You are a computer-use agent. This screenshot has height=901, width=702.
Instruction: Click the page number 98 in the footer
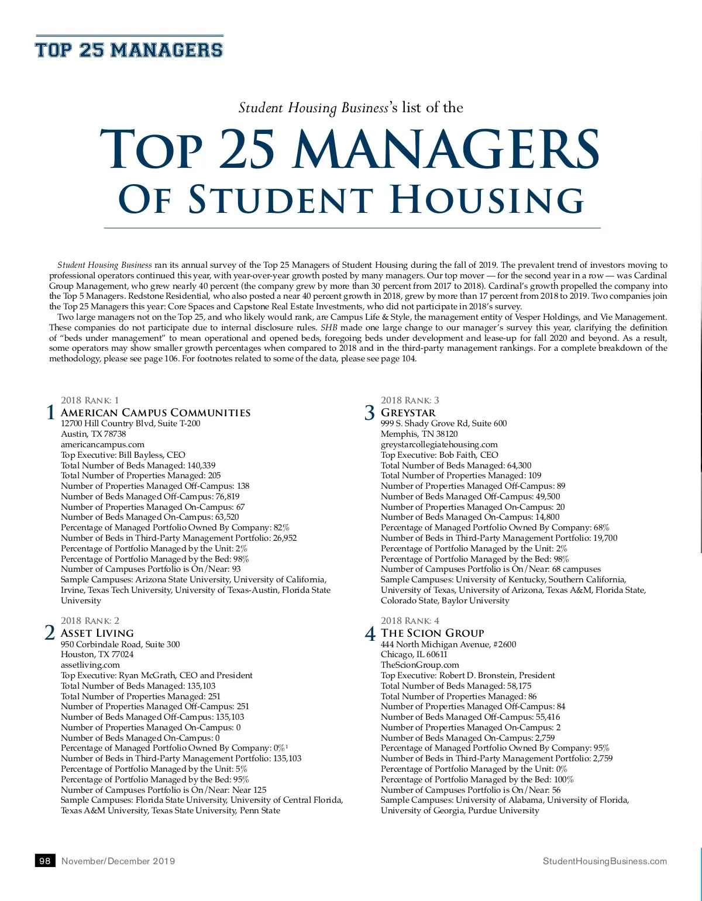(45, 861)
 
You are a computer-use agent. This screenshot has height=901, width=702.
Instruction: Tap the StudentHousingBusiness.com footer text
(604, 861)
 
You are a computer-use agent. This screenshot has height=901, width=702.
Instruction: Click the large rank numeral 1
(50, 413)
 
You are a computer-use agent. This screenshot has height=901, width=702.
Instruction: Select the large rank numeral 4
(370, 633)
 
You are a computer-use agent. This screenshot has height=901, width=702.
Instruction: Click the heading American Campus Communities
(156, 413)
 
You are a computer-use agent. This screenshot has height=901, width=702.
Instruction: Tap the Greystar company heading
(408, 413)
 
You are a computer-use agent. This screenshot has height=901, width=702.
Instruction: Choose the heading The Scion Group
(432, 633)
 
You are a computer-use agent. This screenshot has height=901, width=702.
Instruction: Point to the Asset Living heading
(97, 633)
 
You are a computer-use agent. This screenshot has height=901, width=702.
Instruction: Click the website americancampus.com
(102, 444)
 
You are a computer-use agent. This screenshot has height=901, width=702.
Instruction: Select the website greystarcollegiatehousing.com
(439, 444)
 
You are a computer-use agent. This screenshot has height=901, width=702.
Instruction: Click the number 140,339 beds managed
(201, 465)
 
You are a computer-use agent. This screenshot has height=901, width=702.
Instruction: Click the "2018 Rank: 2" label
(90, 621)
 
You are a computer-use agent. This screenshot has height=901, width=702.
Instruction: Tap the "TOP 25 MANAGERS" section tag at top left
(129, 50)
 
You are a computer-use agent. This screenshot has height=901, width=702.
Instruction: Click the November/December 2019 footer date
(118, 861)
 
